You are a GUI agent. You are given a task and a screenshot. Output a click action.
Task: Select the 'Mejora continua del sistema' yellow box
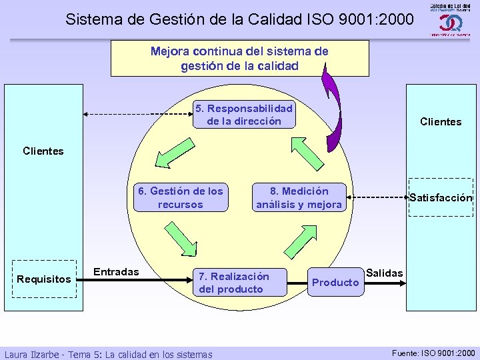point(239,58)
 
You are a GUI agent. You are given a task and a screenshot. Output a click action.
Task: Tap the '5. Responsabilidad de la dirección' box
point(243,115)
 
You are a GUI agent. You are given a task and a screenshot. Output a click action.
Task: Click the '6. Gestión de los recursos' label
point(181,197)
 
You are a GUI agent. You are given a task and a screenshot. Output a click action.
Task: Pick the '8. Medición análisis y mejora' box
point(299,197)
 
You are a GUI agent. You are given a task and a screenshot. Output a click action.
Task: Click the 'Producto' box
point(335,282)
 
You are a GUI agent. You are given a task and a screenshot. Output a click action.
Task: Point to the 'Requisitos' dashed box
point(44,279)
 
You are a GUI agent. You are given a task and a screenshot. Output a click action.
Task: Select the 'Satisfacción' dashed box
point(441,197)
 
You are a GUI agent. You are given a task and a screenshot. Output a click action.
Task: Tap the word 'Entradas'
point(116,271)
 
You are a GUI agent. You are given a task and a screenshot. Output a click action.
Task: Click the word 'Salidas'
point(385,273)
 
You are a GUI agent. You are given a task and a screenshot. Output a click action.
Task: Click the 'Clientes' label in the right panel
point(441,121)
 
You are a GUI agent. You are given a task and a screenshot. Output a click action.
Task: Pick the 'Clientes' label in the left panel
point(43,151)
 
